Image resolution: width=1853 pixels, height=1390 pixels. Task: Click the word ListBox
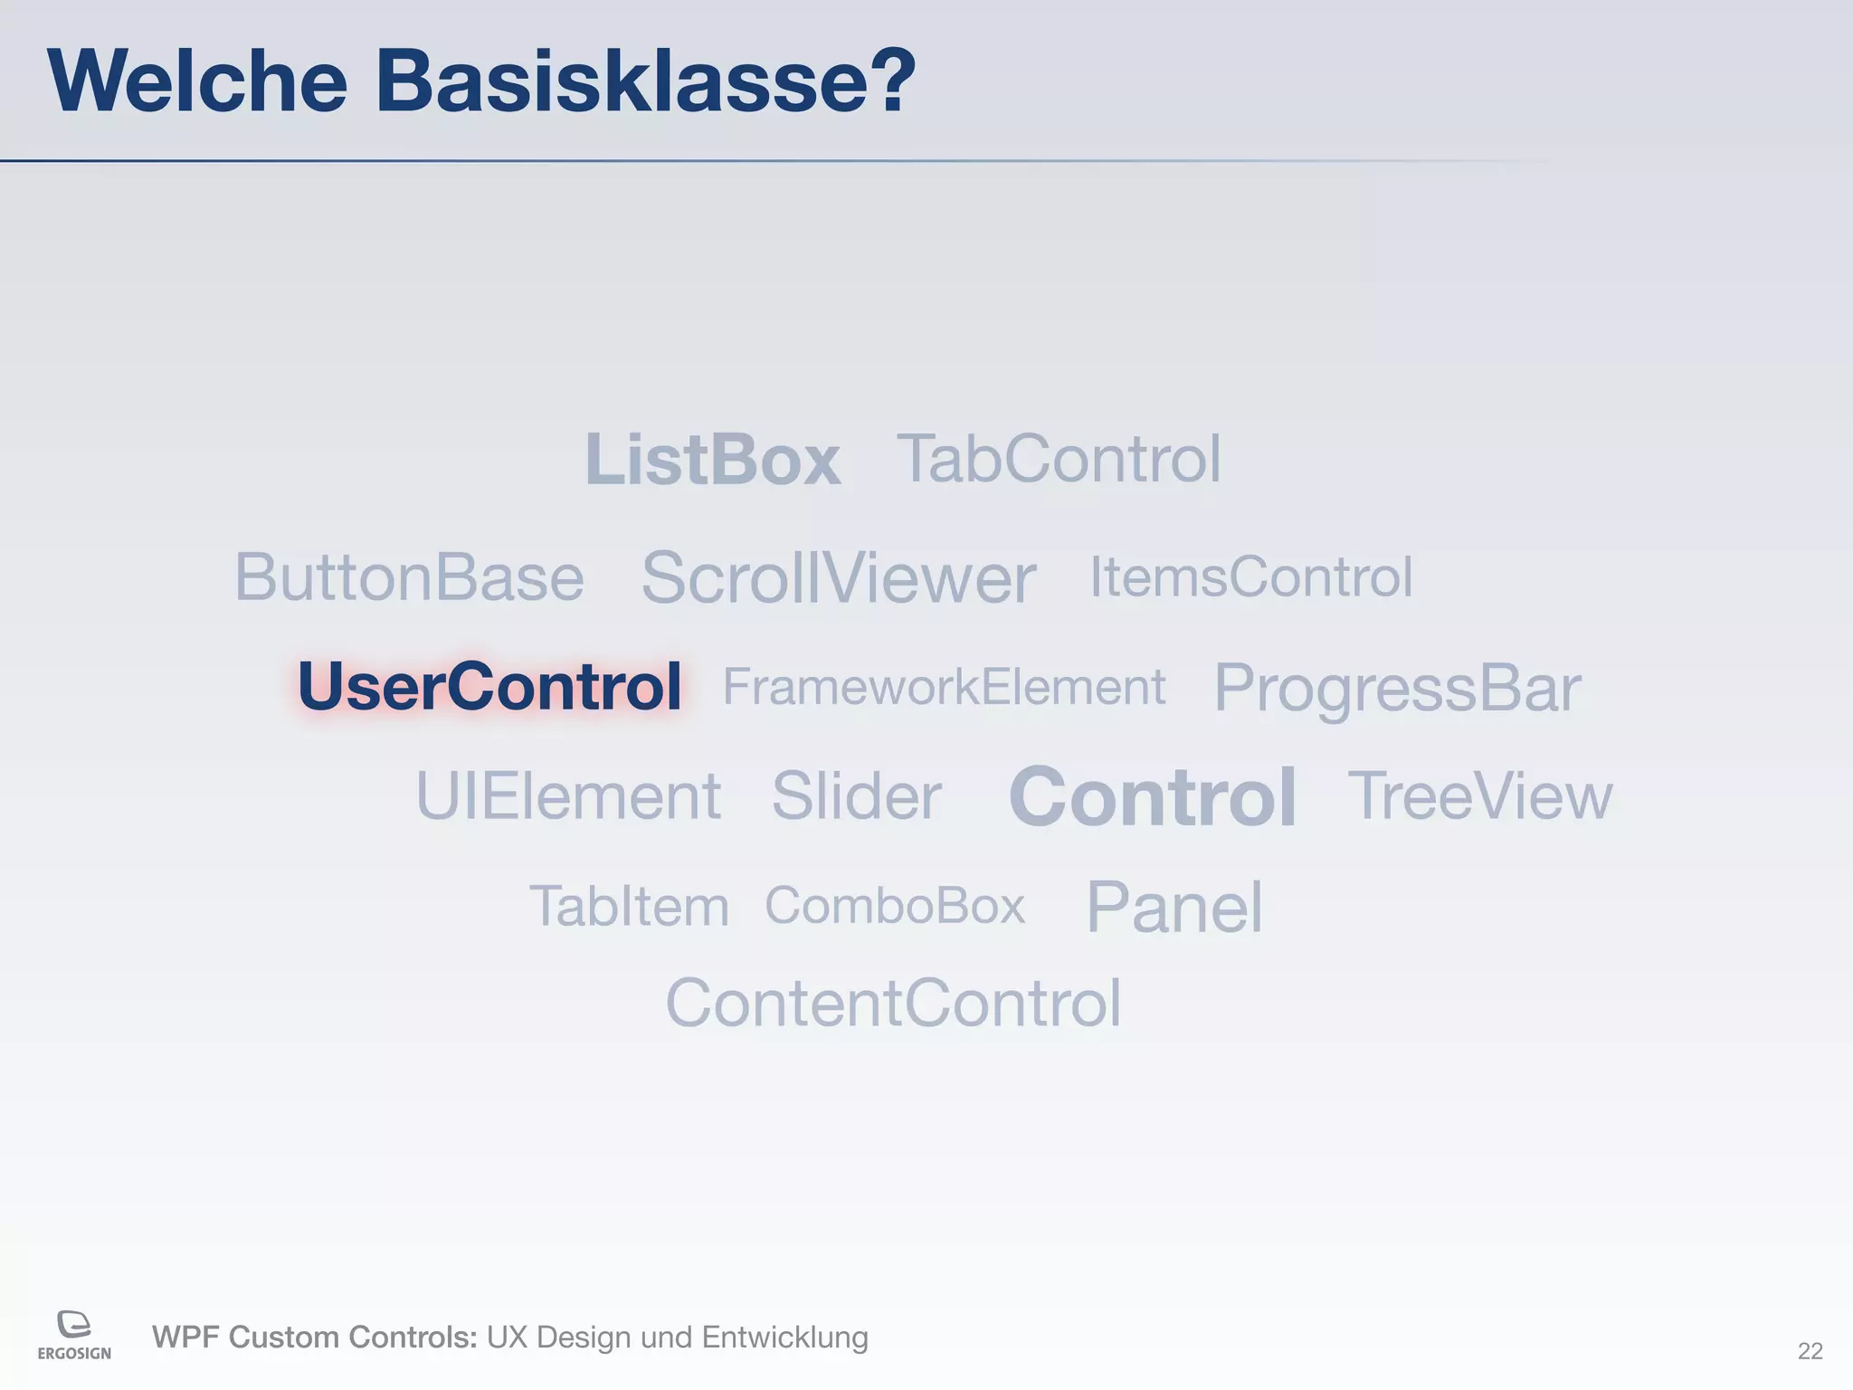713,460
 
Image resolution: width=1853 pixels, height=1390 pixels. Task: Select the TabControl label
1059,459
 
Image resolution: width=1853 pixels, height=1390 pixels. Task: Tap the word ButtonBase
409,577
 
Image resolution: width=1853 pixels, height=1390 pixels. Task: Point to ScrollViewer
838,578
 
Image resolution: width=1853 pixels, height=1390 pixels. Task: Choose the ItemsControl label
1250,576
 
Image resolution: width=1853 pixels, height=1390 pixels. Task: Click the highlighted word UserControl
489,686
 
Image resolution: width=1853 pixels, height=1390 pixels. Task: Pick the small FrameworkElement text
944,687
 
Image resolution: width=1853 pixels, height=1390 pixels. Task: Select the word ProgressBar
1397,689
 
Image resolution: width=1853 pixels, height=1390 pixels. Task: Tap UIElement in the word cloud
568,796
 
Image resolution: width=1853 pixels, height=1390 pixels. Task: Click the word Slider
856,796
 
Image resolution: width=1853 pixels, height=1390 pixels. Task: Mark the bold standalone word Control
1153,797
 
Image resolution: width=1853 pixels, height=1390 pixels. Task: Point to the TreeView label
1480,796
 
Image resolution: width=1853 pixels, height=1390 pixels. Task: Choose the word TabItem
629,906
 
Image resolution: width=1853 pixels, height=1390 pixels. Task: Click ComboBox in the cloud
895,905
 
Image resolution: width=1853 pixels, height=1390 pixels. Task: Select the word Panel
1174,907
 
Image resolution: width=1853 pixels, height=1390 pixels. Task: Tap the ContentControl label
894,1004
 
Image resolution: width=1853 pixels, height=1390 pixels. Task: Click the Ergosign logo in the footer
74,1335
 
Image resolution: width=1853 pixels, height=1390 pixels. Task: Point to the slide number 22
1810,1351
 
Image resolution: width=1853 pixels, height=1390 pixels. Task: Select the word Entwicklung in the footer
784,1338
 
